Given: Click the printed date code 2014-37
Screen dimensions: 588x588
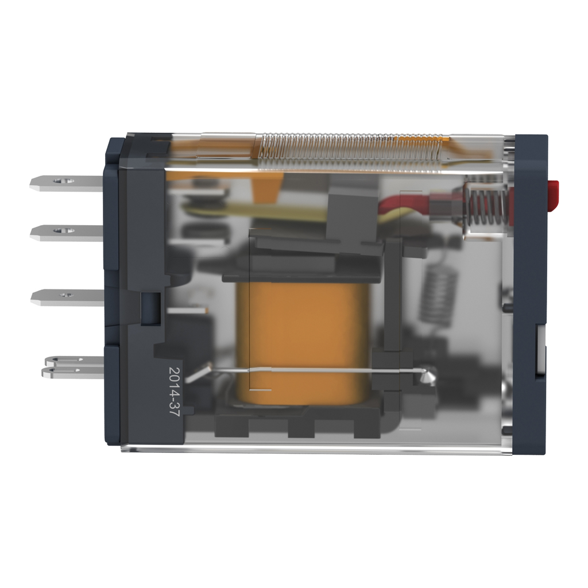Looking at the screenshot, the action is tap(175, 392).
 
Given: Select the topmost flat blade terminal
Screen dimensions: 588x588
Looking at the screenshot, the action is tap(67, 183).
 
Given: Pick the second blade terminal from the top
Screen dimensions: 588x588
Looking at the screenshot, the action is tap(67, 233).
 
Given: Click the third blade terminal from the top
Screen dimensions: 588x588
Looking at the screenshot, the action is tap(68, 297).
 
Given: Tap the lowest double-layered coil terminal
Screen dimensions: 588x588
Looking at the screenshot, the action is tap(73, 367).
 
